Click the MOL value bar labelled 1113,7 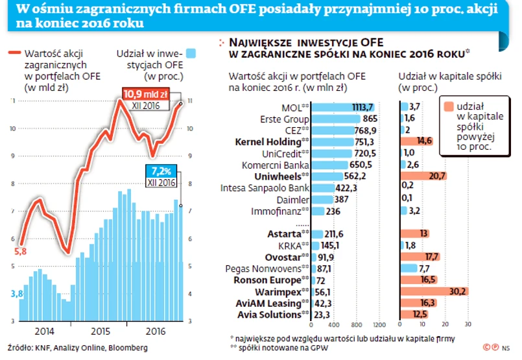pyautogui.click(x=344, y=107)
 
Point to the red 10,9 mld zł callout pyautogui.click(x=145, y=95)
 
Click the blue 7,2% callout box pyautogui.click(x=161, y=172)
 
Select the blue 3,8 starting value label pyautogui.click(x=19, y=294)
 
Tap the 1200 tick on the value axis pyautogui.click(x=378, y=324)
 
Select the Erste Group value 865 pyautogui.click(x=370, y=119)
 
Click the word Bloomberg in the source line pyautogui.click(x=128, y=348)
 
